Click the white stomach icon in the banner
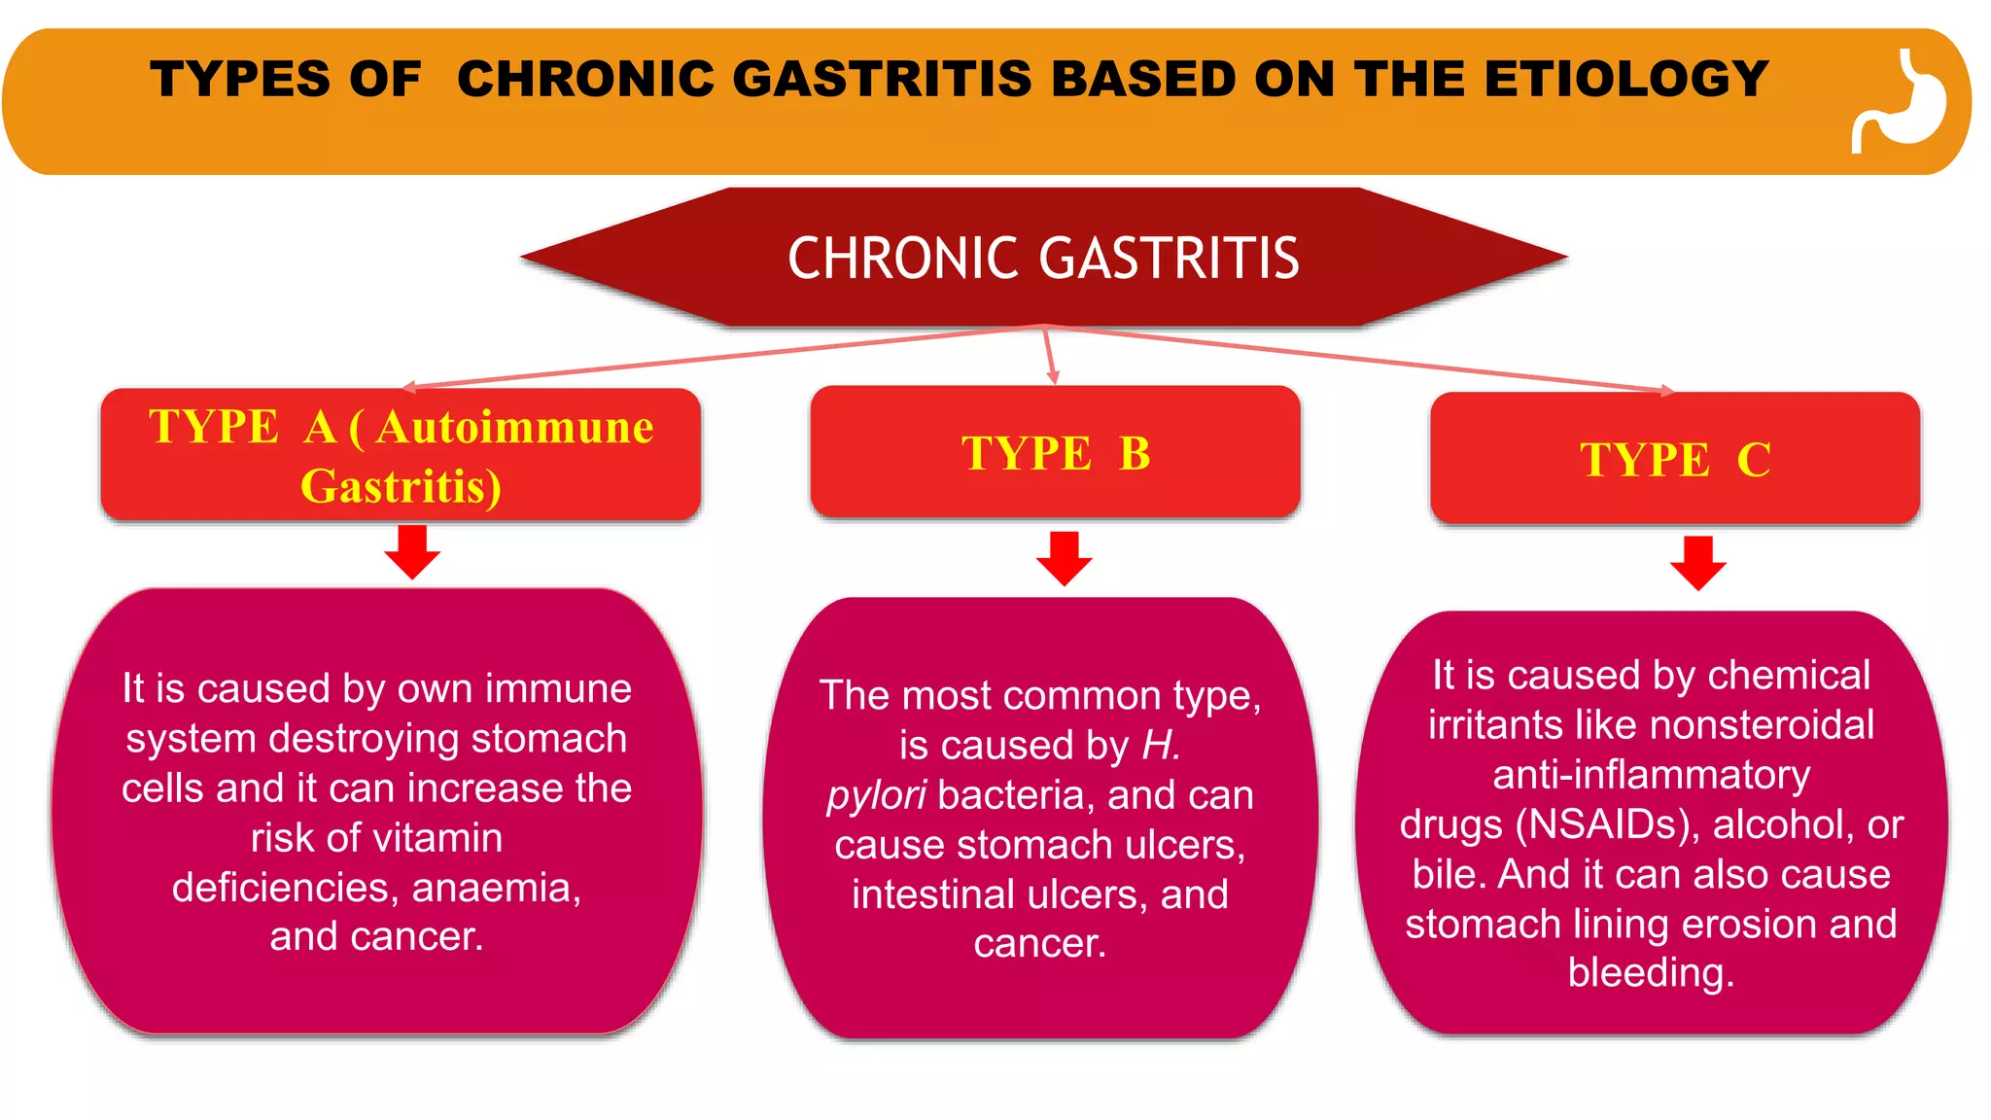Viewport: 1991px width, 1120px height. point(1901,102)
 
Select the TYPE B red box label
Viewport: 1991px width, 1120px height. point(1056,453)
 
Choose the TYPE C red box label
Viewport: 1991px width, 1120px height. point(1675,459)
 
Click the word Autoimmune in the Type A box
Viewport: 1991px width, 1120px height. point(514,427)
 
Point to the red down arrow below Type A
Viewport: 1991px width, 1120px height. point(412,552)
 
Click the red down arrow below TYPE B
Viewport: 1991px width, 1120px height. point(1064,558)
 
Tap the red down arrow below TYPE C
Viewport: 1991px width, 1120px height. point(1697,563)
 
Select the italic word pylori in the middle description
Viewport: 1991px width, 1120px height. point(876,795)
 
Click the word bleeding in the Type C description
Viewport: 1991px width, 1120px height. point(1650,973)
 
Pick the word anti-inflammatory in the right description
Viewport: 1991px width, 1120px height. point(1651,775)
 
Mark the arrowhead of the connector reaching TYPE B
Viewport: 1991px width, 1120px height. point(1053,377)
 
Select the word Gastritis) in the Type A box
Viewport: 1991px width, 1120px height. point(401,486)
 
